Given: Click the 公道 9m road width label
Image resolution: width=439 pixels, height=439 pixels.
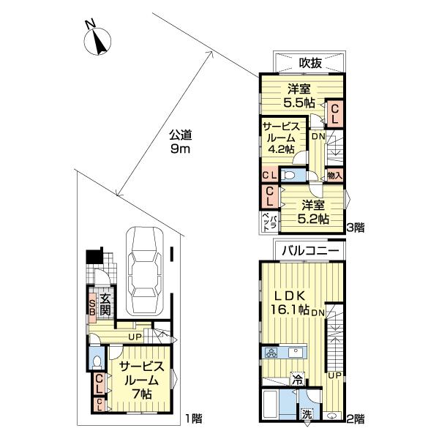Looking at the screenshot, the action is [x=181, y=142].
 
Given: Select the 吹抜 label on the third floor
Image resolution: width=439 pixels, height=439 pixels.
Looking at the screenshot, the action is [x=310, y=63].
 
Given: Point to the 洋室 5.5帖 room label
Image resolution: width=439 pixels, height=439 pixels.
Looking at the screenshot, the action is [x=299, y=96].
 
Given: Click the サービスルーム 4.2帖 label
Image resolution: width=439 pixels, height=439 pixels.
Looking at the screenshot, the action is [x=281, y=138].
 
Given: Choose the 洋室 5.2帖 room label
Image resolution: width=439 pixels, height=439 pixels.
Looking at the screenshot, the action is [x=313, y=212].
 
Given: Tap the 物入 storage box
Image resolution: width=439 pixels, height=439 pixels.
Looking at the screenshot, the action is [x=335, y=176].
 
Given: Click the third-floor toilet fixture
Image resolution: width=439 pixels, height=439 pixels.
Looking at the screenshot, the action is [x=288, y=176].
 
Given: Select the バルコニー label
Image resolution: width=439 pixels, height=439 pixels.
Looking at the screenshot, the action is [x=310, y=250].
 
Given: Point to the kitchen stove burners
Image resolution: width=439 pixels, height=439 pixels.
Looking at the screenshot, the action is [x=271, y=353].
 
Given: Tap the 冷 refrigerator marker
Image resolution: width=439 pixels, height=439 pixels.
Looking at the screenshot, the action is [x=298, y=380].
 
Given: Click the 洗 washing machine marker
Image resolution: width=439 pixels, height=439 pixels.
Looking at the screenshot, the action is [x=307, y=415].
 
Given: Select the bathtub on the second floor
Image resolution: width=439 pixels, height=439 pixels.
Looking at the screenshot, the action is [x=271, y=405].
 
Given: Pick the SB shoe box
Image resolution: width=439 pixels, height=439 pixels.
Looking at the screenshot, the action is [x=92, y=307].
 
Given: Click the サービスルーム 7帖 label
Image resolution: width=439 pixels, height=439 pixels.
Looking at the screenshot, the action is [x=142, y=380].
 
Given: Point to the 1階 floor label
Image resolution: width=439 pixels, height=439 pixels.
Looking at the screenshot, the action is [x=194, y=419].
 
